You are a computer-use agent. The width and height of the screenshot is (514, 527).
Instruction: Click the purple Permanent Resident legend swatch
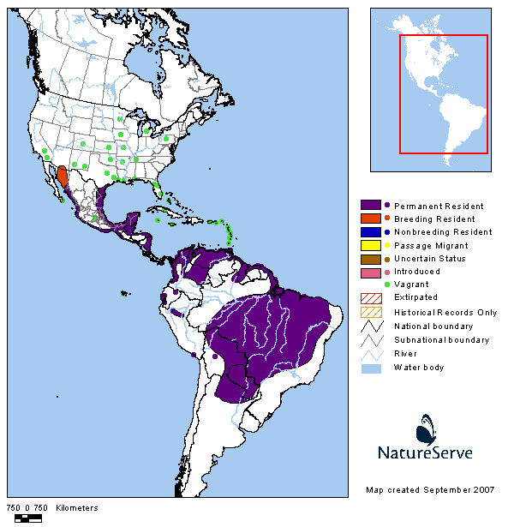tap(370, 206)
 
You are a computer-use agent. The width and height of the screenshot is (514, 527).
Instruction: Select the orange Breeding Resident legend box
tap(370, 219)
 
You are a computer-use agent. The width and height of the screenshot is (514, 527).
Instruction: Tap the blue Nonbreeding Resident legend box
tap(370, 231)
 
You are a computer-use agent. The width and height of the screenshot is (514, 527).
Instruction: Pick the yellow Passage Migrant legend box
tap(370, 245)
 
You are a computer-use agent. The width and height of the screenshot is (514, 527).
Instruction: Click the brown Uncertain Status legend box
tap(370, 258)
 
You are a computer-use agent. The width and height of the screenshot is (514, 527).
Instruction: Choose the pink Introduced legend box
tap(370, 272)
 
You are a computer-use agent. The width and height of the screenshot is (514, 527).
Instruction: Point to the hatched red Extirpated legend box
tap(370, 297)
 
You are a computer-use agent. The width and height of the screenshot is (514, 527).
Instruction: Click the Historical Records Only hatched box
tap(370, 312)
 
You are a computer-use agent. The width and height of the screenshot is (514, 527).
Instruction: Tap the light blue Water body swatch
tap(370, 367)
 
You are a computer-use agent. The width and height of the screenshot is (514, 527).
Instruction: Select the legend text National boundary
tap(433, 326)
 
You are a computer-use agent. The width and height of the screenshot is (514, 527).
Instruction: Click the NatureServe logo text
tap(425, 452)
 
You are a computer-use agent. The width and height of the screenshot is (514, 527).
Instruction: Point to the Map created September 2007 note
tap(430, 490)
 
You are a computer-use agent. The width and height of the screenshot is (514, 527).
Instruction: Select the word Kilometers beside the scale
tap(77, 508)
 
